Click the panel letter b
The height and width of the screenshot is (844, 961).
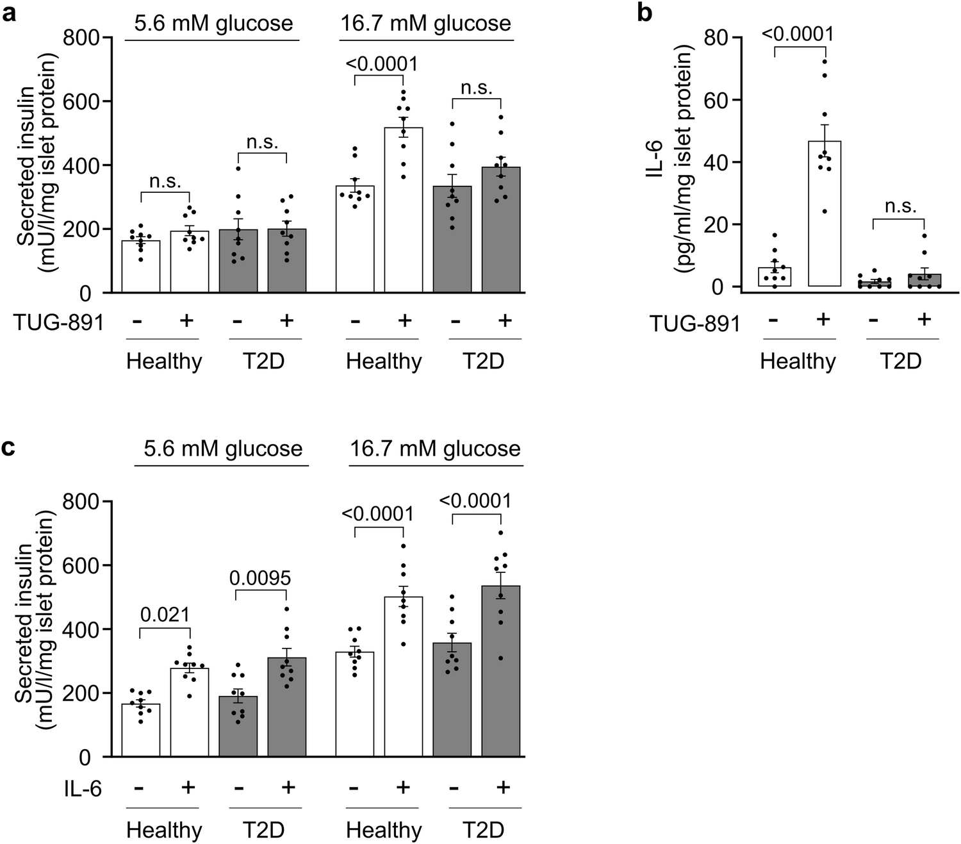pos(645,12)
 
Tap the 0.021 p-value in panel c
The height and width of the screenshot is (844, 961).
pos(165,615)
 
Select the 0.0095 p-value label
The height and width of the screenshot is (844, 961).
pos(260,578)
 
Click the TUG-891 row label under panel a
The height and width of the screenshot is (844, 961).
pos(58,322)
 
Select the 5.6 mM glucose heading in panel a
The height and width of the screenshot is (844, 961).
pos(213,24)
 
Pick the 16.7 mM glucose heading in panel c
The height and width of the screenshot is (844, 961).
pos(435,448)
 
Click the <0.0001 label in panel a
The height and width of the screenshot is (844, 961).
pos(381,64)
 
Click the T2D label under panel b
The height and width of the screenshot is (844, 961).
pos(899,361)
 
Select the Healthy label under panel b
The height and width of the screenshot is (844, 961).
pos(798,361)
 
